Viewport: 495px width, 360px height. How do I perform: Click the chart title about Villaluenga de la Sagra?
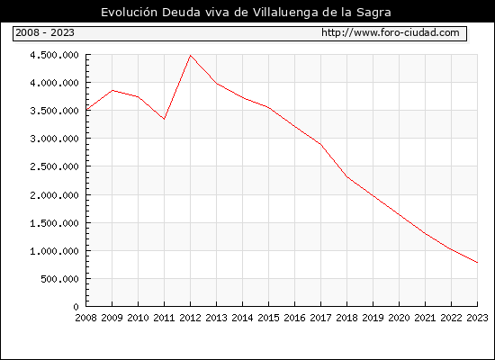[x=246, y=12]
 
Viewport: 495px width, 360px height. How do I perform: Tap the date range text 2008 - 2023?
[x=45, y=32]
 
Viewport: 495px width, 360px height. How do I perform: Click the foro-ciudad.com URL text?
[x=391, y=32]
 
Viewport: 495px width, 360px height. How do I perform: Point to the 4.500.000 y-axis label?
[x=54, y=55]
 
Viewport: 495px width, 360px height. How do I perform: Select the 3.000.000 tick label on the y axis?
[x=54, y=139]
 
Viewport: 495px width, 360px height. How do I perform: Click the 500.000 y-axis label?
[x=59, y=279]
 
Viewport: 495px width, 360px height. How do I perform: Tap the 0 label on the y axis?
[x=76, y=307]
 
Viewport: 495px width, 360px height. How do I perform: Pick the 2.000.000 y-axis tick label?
[x=54, y=195]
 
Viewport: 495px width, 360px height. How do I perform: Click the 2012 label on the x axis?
[x=190, y=318]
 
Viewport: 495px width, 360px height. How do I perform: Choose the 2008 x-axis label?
[x=85, y=318]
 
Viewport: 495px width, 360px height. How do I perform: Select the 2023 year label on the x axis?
[x=477, y=318]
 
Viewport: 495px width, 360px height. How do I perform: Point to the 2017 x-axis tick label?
[x=320, y=318]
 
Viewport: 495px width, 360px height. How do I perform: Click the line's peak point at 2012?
[x=190, y=56]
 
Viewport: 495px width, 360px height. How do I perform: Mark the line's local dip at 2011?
[x=164, y=119]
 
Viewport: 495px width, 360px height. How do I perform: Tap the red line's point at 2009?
[x=112, y=90]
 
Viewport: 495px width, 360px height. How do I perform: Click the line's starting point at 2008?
[x=86, y=110]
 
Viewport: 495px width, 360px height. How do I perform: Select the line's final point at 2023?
[x=477, y=263]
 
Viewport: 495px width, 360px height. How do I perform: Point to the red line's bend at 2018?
[x=346, y=176]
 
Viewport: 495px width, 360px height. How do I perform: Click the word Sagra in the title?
[x=373, y=13]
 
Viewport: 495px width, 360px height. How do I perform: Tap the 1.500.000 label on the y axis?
[x=54, y=223]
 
